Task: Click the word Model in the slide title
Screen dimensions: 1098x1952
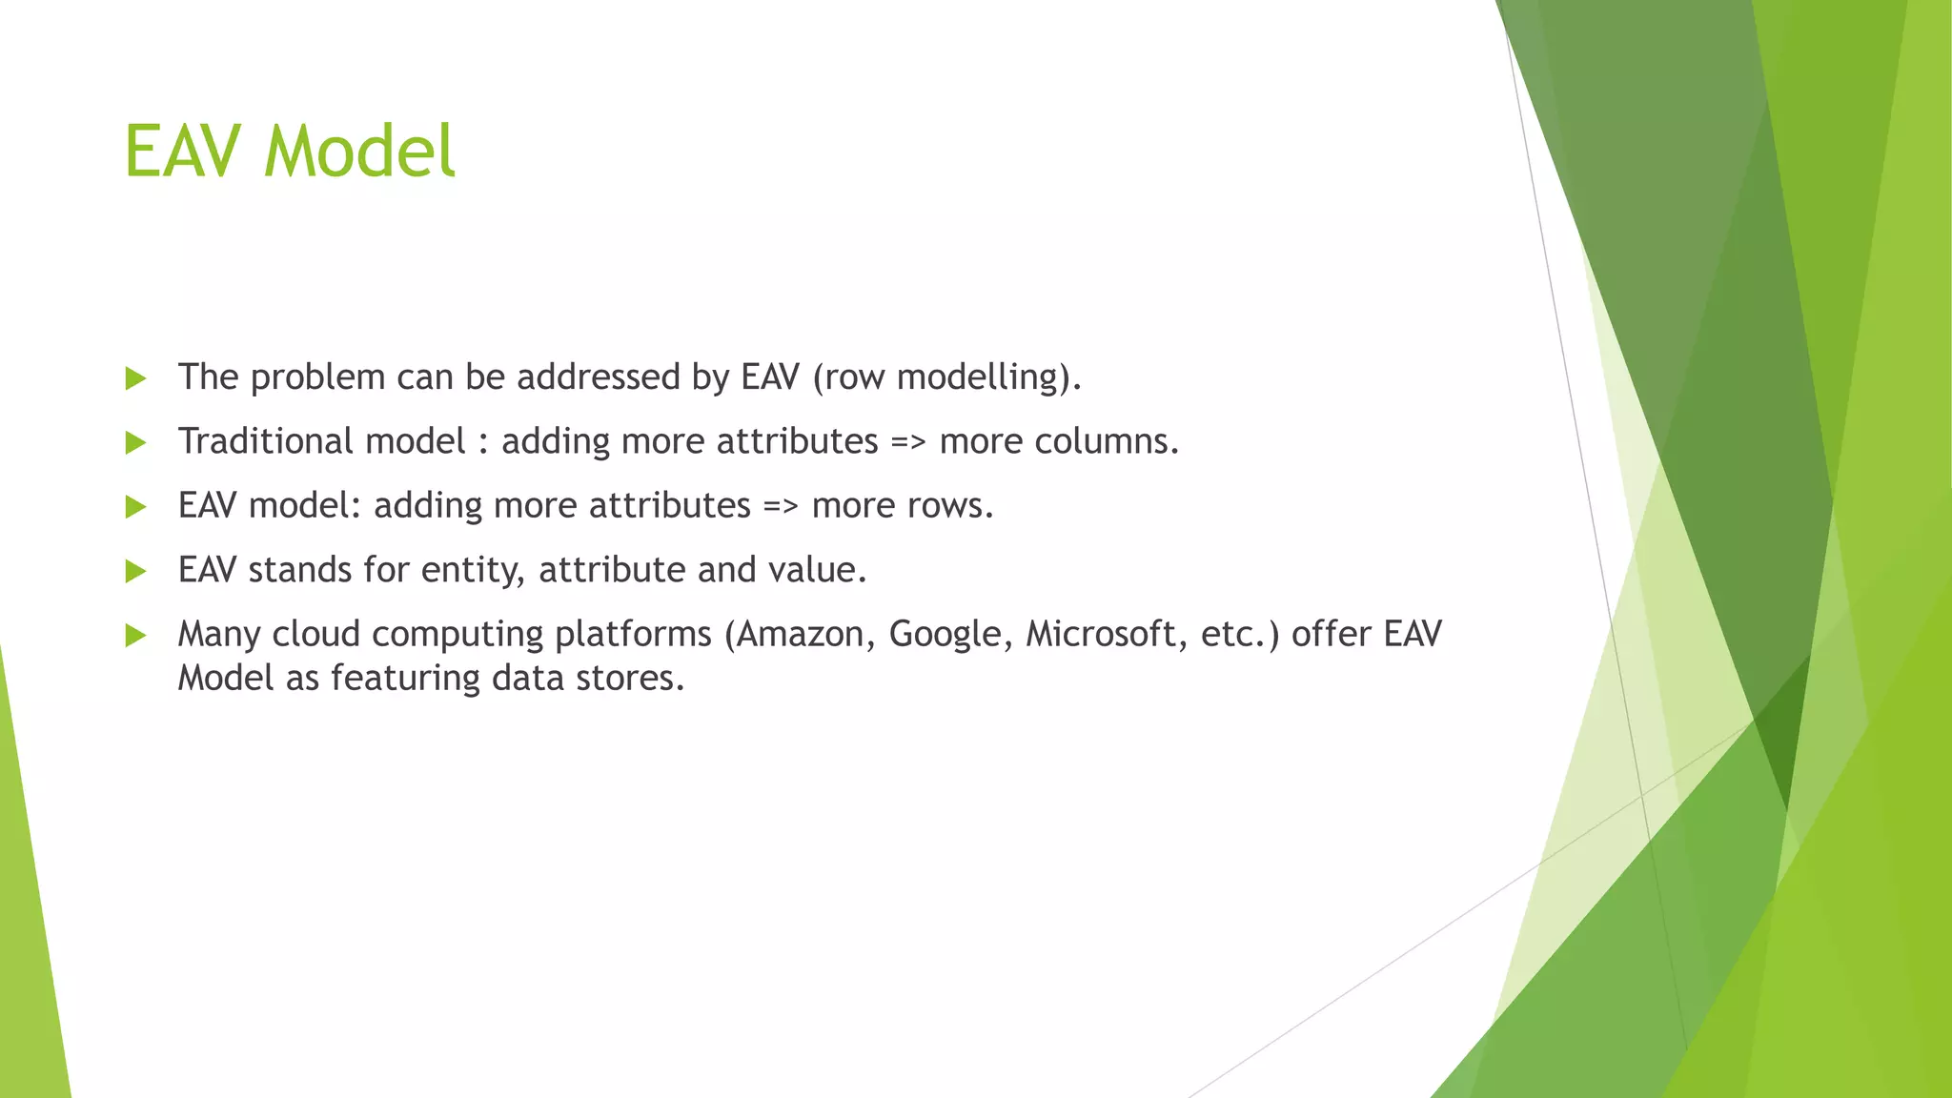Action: click(x=359, y=152)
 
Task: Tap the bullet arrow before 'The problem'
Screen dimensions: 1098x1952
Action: click(x=135, y=378)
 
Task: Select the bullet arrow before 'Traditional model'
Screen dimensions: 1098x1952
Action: click(x=135, y=442)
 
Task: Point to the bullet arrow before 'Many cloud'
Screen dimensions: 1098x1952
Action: click(x=135, y=635)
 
